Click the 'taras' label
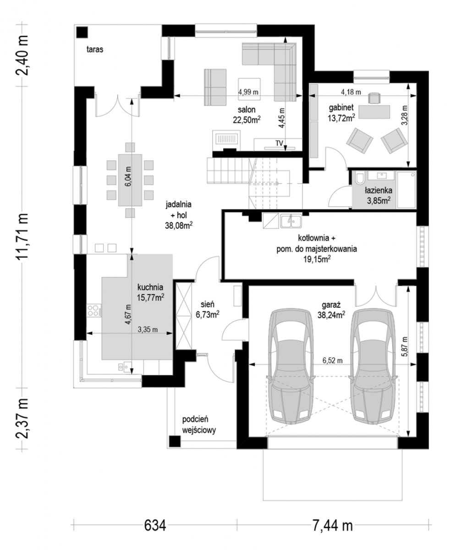pos(95,49)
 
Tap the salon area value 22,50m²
pos(247,120)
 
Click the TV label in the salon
pos(279,143)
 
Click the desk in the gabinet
pos(374,112)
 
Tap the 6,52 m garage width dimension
pos(333,361)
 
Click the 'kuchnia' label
pos(150,287)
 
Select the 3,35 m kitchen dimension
pos(148,330)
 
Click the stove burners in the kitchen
pos(93,311)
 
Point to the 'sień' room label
pos(208,304)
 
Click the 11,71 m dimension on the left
pos(22,236)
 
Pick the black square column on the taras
pos(82,33)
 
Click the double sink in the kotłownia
pos(291,221)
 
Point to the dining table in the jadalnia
pos(130,180)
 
